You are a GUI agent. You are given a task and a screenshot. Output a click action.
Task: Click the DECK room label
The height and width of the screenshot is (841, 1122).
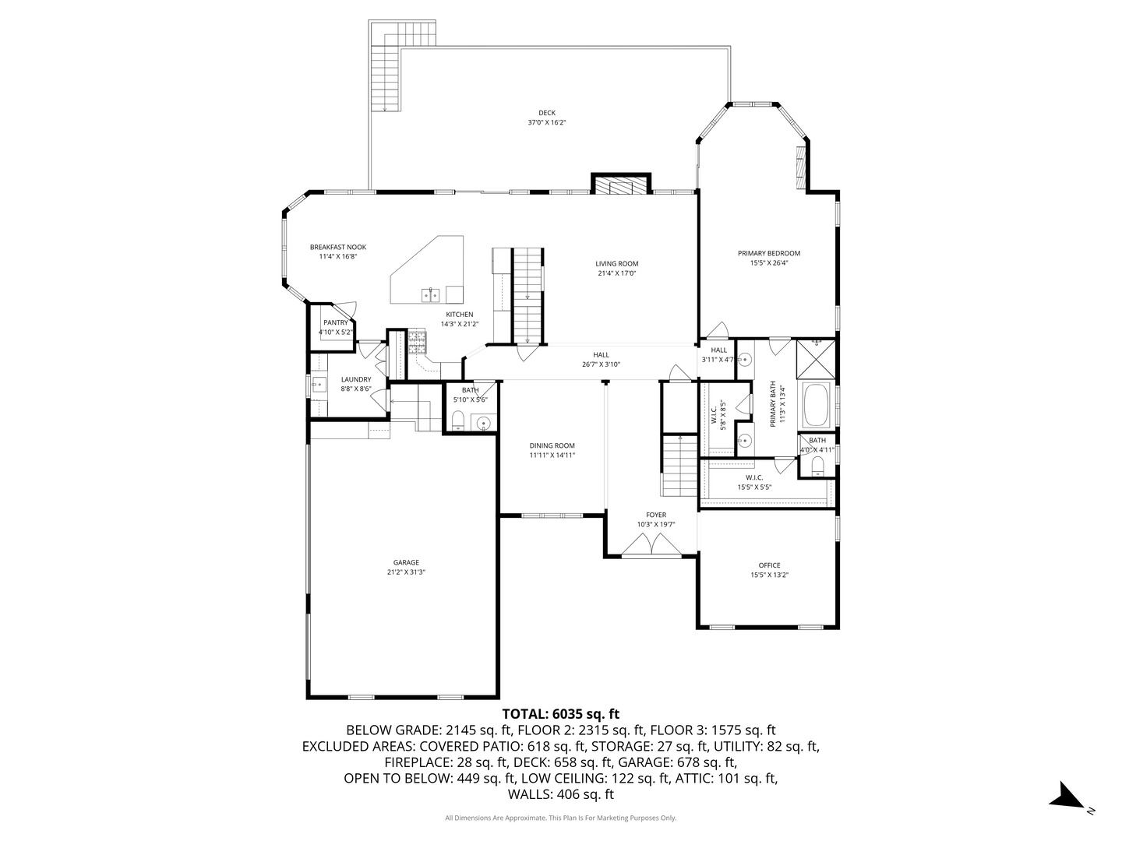[546, 113]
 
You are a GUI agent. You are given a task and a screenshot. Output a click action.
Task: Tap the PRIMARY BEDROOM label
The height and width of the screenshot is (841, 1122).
[768, 253]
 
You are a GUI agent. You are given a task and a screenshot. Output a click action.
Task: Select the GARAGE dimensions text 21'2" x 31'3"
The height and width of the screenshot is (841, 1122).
[406, 572]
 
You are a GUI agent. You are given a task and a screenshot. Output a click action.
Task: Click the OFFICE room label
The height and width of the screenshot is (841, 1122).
[769, 565]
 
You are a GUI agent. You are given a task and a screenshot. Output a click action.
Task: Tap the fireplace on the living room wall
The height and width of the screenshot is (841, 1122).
[620, 185]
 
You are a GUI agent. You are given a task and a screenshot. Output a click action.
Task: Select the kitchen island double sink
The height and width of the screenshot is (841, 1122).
[431, 294]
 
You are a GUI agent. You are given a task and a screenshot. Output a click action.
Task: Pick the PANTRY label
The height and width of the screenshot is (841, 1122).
[336, 322]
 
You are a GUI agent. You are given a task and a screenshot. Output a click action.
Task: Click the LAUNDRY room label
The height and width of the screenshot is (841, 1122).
[355, 379]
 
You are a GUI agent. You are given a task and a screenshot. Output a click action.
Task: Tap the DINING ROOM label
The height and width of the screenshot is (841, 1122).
[552, 445]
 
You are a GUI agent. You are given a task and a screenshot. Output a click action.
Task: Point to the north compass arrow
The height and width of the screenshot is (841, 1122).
[1066, 797]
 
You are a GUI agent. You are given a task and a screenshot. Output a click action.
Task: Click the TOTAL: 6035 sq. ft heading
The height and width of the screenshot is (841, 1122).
[560, 713]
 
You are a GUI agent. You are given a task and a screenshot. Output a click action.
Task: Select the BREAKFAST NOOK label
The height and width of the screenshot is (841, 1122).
[337, 247]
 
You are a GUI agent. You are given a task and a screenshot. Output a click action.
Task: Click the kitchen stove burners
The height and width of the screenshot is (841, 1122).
[418, 340]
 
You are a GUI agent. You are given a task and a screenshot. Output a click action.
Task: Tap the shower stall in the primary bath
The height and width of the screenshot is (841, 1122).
[816, 358]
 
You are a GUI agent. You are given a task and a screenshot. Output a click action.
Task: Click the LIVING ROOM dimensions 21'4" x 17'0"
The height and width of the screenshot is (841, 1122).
[616, 273]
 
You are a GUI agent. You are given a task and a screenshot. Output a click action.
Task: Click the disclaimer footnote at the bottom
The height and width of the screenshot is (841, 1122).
[560, 818]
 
